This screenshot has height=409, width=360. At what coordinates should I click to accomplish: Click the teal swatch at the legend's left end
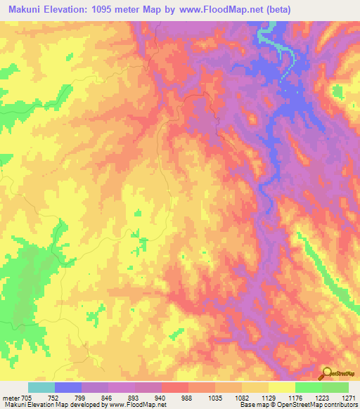point(41,387)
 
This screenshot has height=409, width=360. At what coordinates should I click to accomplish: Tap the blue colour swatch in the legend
point(68,387)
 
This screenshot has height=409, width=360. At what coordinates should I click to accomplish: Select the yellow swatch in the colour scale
point(282,387)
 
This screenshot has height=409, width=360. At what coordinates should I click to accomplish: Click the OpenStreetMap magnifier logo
point(328,374)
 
